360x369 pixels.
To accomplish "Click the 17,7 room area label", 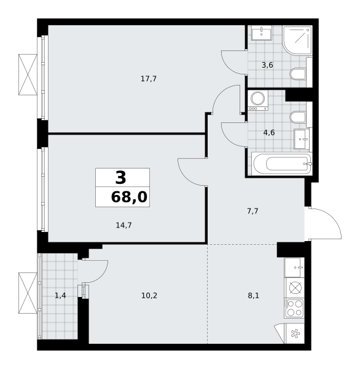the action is point(149,79).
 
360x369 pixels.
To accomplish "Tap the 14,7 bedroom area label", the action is point(123,225).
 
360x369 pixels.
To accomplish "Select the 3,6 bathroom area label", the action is point(267,65).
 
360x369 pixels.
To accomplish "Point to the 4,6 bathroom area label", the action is point(269,133).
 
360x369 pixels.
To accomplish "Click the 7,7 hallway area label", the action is point(252,211).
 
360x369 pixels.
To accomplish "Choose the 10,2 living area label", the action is point(149,295).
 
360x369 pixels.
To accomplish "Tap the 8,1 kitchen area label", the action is point(254,295).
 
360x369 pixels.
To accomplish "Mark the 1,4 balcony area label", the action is point(60,295).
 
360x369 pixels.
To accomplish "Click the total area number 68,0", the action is point(129,197).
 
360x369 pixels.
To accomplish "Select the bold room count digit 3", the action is point(120,178).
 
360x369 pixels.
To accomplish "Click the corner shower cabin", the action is point(297,41).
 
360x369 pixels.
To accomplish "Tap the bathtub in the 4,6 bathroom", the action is point(282,164).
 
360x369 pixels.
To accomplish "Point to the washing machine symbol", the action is point(258,100).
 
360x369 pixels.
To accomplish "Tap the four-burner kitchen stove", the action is point(294,308).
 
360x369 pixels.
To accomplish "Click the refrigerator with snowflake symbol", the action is point(294,333).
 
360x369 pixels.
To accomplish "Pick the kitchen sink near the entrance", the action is point(294,268).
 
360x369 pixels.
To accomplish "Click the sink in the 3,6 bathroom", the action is point(262,33).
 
